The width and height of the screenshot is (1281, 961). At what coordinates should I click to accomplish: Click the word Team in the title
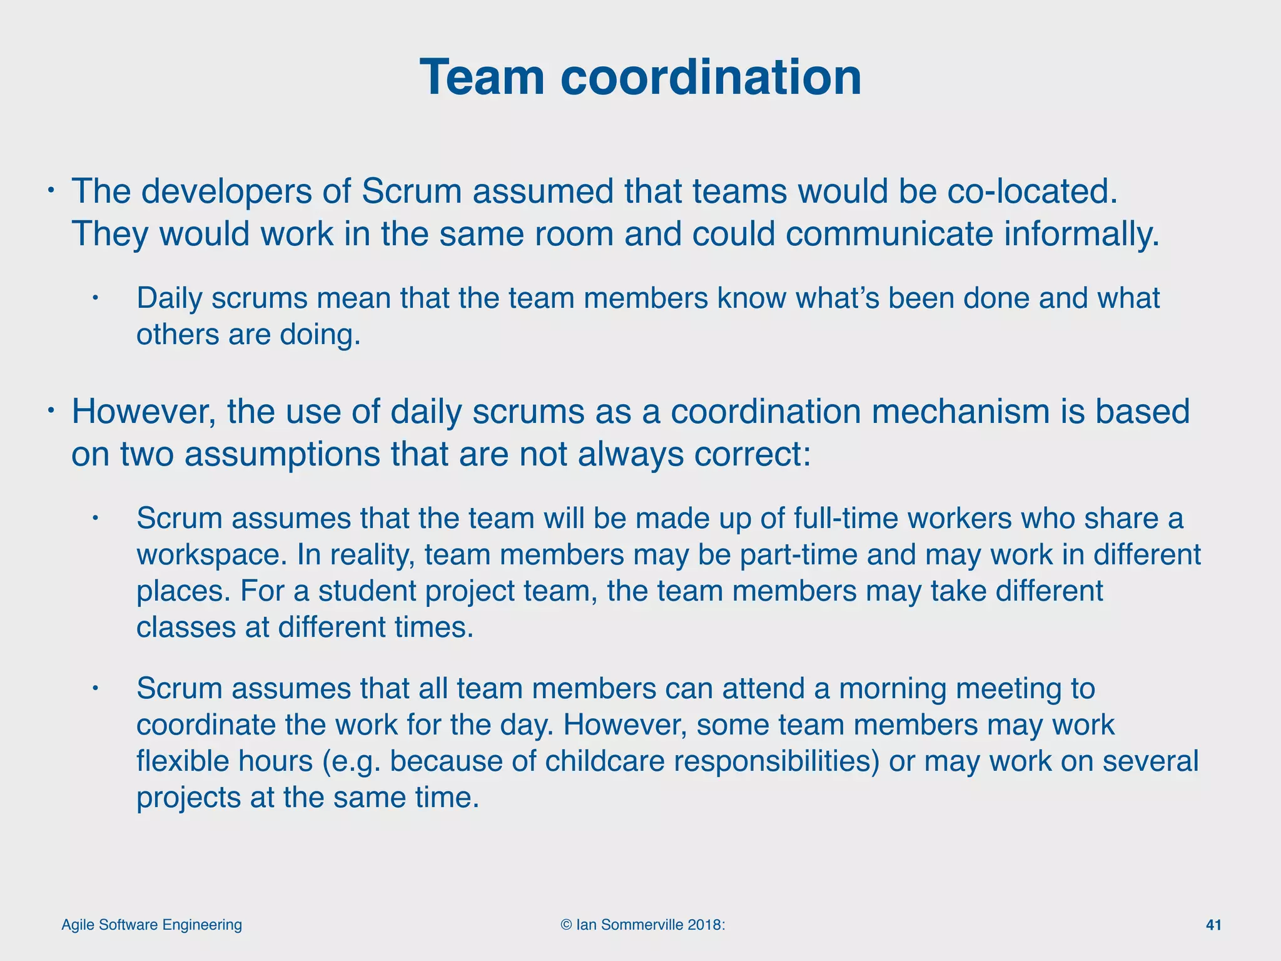[x=483, y=77]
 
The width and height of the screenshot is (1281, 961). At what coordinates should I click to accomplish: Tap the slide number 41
[x=1213, y=925]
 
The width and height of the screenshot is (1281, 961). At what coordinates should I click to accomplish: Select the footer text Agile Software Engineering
[x=151, y=925]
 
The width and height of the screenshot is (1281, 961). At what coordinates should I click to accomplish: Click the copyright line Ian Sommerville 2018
[x=643, y=925]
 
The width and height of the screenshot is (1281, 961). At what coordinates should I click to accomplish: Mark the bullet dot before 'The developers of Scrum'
[x=53, y=190]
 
